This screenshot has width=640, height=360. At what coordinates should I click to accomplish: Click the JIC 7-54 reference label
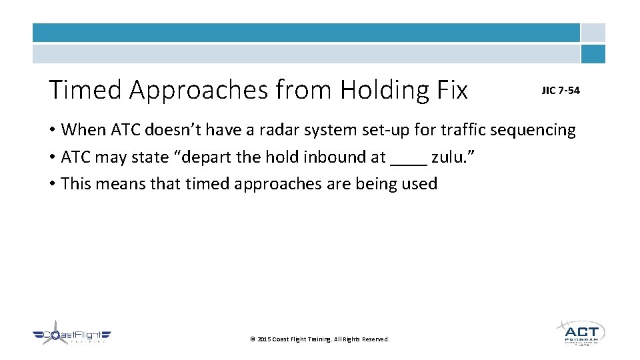(560, 91)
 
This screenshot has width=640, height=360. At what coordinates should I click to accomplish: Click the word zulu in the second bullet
(451, 157)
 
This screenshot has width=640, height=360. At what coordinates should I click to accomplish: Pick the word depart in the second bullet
(203, 157)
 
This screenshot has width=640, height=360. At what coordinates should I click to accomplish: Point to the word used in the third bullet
(420, 184)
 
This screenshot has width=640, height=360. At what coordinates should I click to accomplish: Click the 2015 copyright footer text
(319, 339)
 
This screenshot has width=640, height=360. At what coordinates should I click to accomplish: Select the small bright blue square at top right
(593, 54)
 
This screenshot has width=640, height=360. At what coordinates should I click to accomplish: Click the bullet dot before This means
(52, 185)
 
